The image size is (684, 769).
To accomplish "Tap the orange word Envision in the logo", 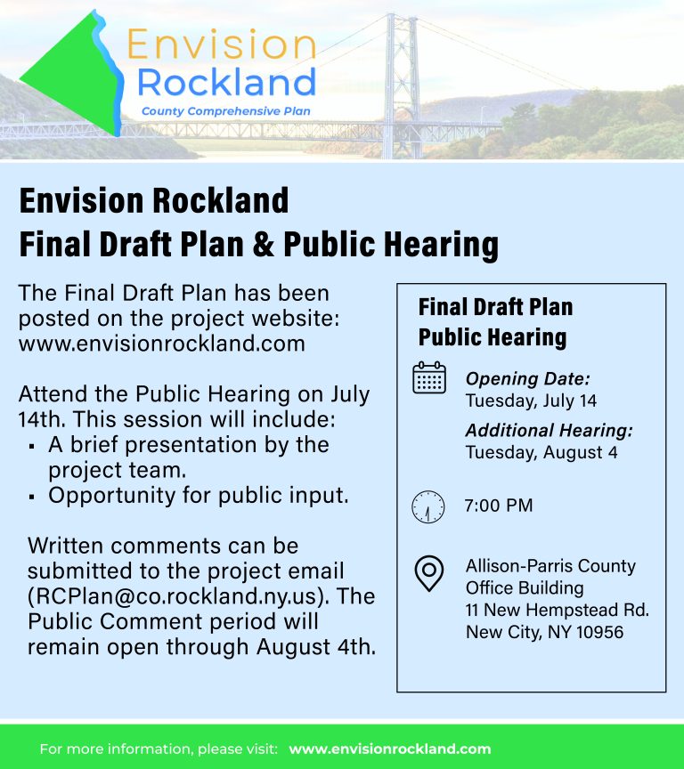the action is coord(222,45).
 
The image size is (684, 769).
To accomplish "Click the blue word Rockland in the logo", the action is coord(226,82).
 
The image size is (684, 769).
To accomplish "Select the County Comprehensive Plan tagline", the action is coord(225,111).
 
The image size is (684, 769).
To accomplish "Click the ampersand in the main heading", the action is coord(264,244).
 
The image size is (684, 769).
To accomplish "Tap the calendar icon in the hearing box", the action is coord(429,377).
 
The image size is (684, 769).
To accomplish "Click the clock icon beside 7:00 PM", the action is coord(427,506).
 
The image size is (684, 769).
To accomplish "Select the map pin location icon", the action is coord(429,573).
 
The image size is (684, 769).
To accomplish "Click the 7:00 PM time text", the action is coord(499,506).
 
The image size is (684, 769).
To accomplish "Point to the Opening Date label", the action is coord(527,378).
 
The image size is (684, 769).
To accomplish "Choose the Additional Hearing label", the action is coord(549,430).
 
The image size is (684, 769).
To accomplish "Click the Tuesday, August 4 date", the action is coord(541,452).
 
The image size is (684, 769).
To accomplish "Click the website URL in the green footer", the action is coord(390,749).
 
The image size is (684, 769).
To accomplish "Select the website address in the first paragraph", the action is coord(162,344).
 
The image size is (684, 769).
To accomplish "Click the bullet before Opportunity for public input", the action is coord(32,498).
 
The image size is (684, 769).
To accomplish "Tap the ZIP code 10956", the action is coord(599,632).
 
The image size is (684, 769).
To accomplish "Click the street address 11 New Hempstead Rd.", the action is coord(557,610).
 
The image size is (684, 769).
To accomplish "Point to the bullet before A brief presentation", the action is coord(32,447).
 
